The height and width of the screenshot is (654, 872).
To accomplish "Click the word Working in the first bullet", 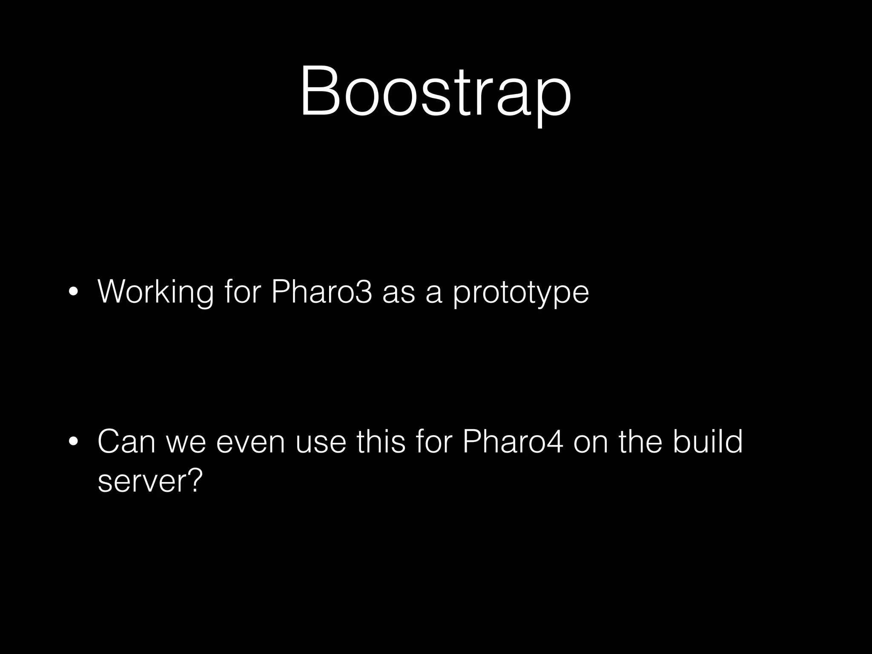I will pos(155,292).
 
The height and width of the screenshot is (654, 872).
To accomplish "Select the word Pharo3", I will pos(321,292).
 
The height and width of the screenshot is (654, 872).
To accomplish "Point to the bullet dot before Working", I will pos(74,293).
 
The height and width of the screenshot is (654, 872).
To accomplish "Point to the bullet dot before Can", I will pos(74,442).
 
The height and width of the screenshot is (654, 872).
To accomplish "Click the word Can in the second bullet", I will pos(126,442).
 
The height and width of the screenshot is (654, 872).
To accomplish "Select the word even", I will pos(250,442).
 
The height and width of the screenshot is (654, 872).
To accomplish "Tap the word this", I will pos(381,442).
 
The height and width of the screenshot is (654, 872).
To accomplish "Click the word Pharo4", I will pos(513,442).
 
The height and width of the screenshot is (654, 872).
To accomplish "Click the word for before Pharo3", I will pos(242,292).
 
